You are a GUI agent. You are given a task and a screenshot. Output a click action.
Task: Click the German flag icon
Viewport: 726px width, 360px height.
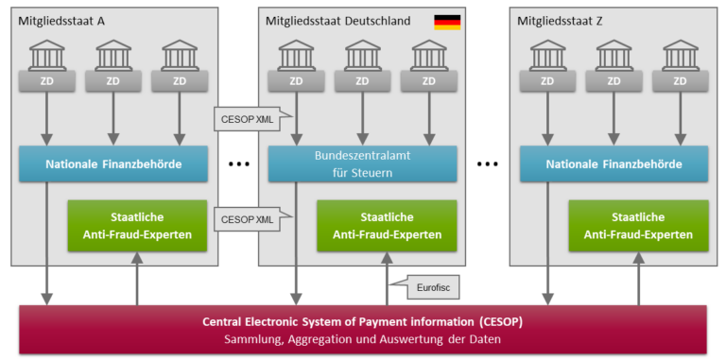447,21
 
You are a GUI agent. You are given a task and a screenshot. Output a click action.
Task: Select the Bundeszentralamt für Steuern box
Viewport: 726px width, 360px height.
362,163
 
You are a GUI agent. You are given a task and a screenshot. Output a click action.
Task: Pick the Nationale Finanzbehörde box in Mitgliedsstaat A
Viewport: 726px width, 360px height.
113,163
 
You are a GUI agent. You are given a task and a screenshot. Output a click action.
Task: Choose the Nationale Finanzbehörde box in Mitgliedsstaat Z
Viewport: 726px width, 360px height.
614,163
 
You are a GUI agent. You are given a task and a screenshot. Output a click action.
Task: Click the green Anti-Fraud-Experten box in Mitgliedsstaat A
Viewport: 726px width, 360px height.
137,227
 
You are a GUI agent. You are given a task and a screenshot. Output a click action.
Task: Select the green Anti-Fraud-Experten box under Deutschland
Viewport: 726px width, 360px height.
387,227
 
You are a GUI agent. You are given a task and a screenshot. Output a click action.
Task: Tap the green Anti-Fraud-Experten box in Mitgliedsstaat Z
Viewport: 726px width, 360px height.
637,227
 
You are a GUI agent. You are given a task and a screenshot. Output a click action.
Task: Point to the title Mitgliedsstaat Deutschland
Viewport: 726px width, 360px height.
337,20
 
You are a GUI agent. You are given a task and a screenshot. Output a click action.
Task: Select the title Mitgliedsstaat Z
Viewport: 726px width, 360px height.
559,20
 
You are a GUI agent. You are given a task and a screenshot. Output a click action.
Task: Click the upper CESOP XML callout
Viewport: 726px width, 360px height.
246,120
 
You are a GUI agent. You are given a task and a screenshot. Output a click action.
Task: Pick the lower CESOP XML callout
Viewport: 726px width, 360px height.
246,219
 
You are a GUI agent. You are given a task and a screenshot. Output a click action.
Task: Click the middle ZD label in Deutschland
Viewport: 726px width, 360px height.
362,80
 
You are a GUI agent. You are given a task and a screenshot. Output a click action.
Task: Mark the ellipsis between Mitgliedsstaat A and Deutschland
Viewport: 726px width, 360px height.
238,164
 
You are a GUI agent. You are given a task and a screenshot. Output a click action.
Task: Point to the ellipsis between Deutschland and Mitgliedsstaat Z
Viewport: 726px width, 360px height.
487,164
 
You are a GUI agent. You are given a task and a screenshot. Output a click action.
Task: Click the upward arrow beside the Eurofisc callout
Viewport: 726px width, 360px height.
388,279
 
